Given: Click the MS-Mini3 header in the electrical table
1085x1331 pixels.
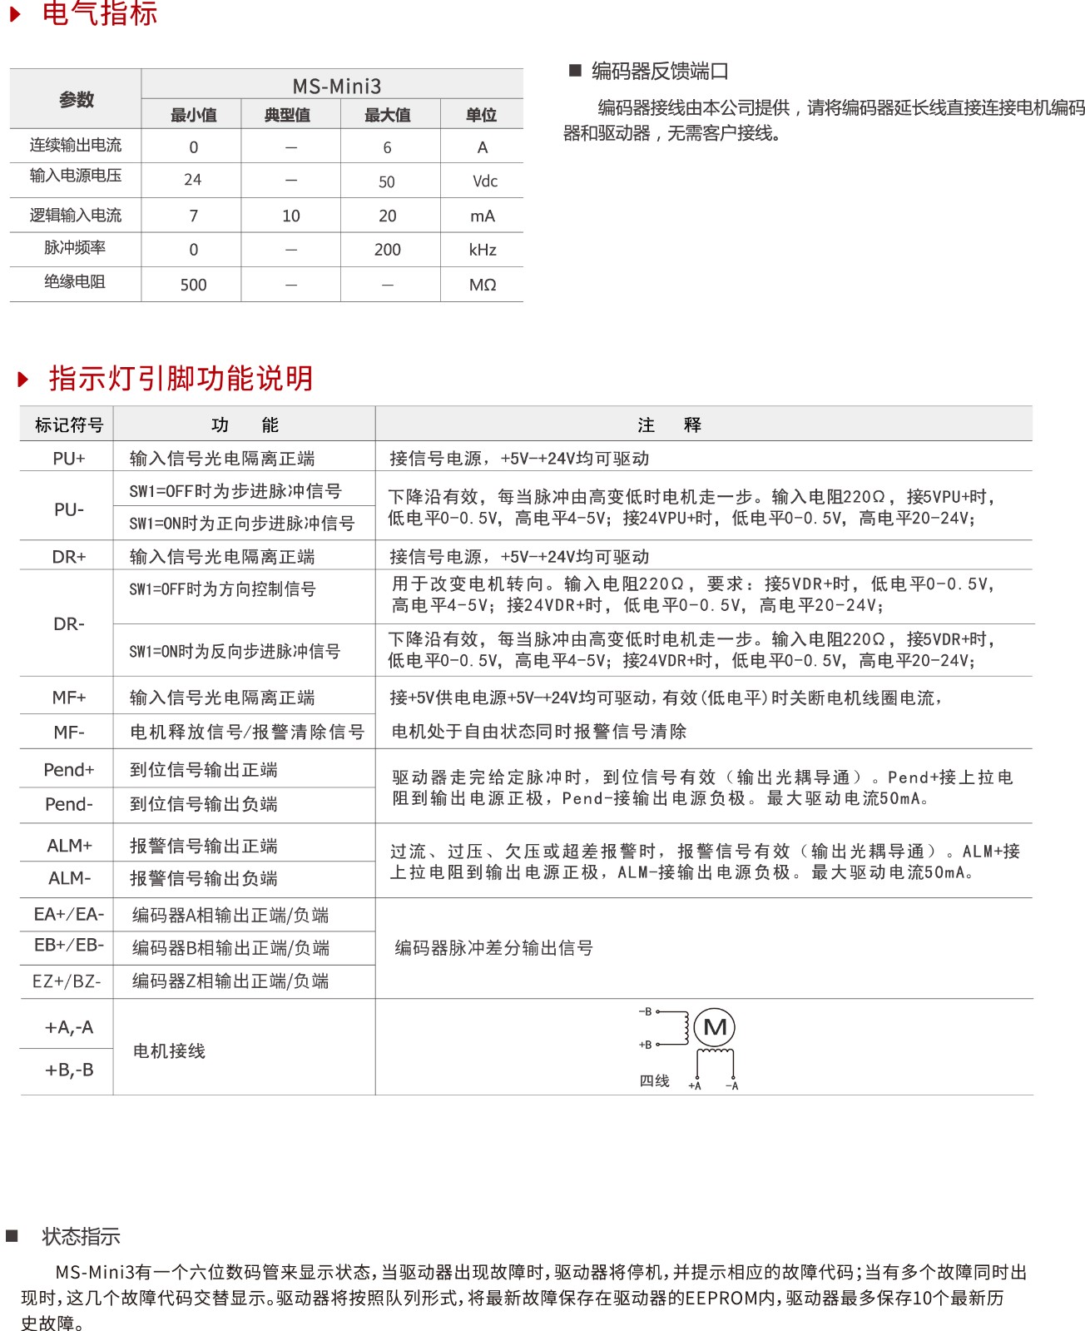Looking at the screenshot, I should pos(336,87).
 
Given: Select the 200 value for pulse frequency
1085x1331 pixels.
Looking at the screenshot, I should pos(387,250).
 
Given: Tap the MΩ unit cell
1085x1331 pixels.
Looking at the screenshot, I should pos(483,285).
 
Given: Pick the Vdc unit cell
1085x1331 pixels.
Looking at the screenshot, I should pos(484,181).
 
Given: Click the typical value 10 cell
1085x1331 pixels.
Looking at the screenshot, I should pos(291,216).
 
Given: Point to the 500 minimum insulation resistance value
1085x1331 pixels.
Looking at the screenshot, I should pos(193,285).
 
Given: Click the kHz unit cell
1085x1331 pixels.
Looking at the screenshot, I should pos(483,250).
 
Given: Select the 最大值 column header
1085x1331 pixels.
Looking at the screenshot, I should pos(387,115).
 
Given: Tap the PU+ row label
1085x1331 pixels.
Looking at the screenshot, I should pos(69,459).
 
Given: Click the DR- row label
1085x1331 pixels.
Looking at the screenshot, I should pos(69,624).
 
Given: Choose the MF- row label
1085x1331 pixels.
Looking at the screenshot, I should pos(69,733).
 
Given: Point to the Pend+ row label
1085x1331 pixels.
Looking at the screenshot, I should pos(69,770).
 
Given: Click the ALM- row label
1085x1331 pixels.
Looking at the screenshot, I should pos(69,878).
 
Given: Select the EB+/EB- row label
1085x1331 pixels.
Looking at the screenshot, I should pos(69,946).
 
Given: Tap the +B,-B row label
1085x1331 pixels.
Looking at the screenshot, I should pos(69,1070).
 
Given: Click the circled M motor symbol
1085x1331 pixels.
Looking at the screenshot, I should pos(715,1027).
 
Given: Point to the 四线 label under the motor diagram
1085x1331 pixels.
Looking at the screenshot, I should pos(654,1080).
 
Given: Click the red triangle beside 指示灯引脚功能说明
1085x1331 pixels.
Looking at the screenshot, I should pos(23,380).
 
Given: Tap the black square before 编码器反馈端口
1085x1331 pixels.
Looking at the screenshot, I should pos(574,70).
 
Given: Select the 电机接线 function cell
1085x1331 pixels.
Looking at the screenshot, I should pos(169,1051).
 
